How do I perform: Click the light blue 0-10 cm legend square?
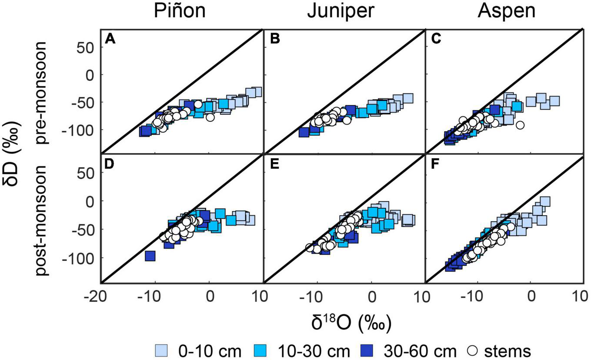pos(160,350)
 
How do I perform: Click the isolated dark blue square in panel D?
pos(150,256)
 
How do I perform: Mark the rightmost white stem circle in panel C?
pos(520,125)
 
